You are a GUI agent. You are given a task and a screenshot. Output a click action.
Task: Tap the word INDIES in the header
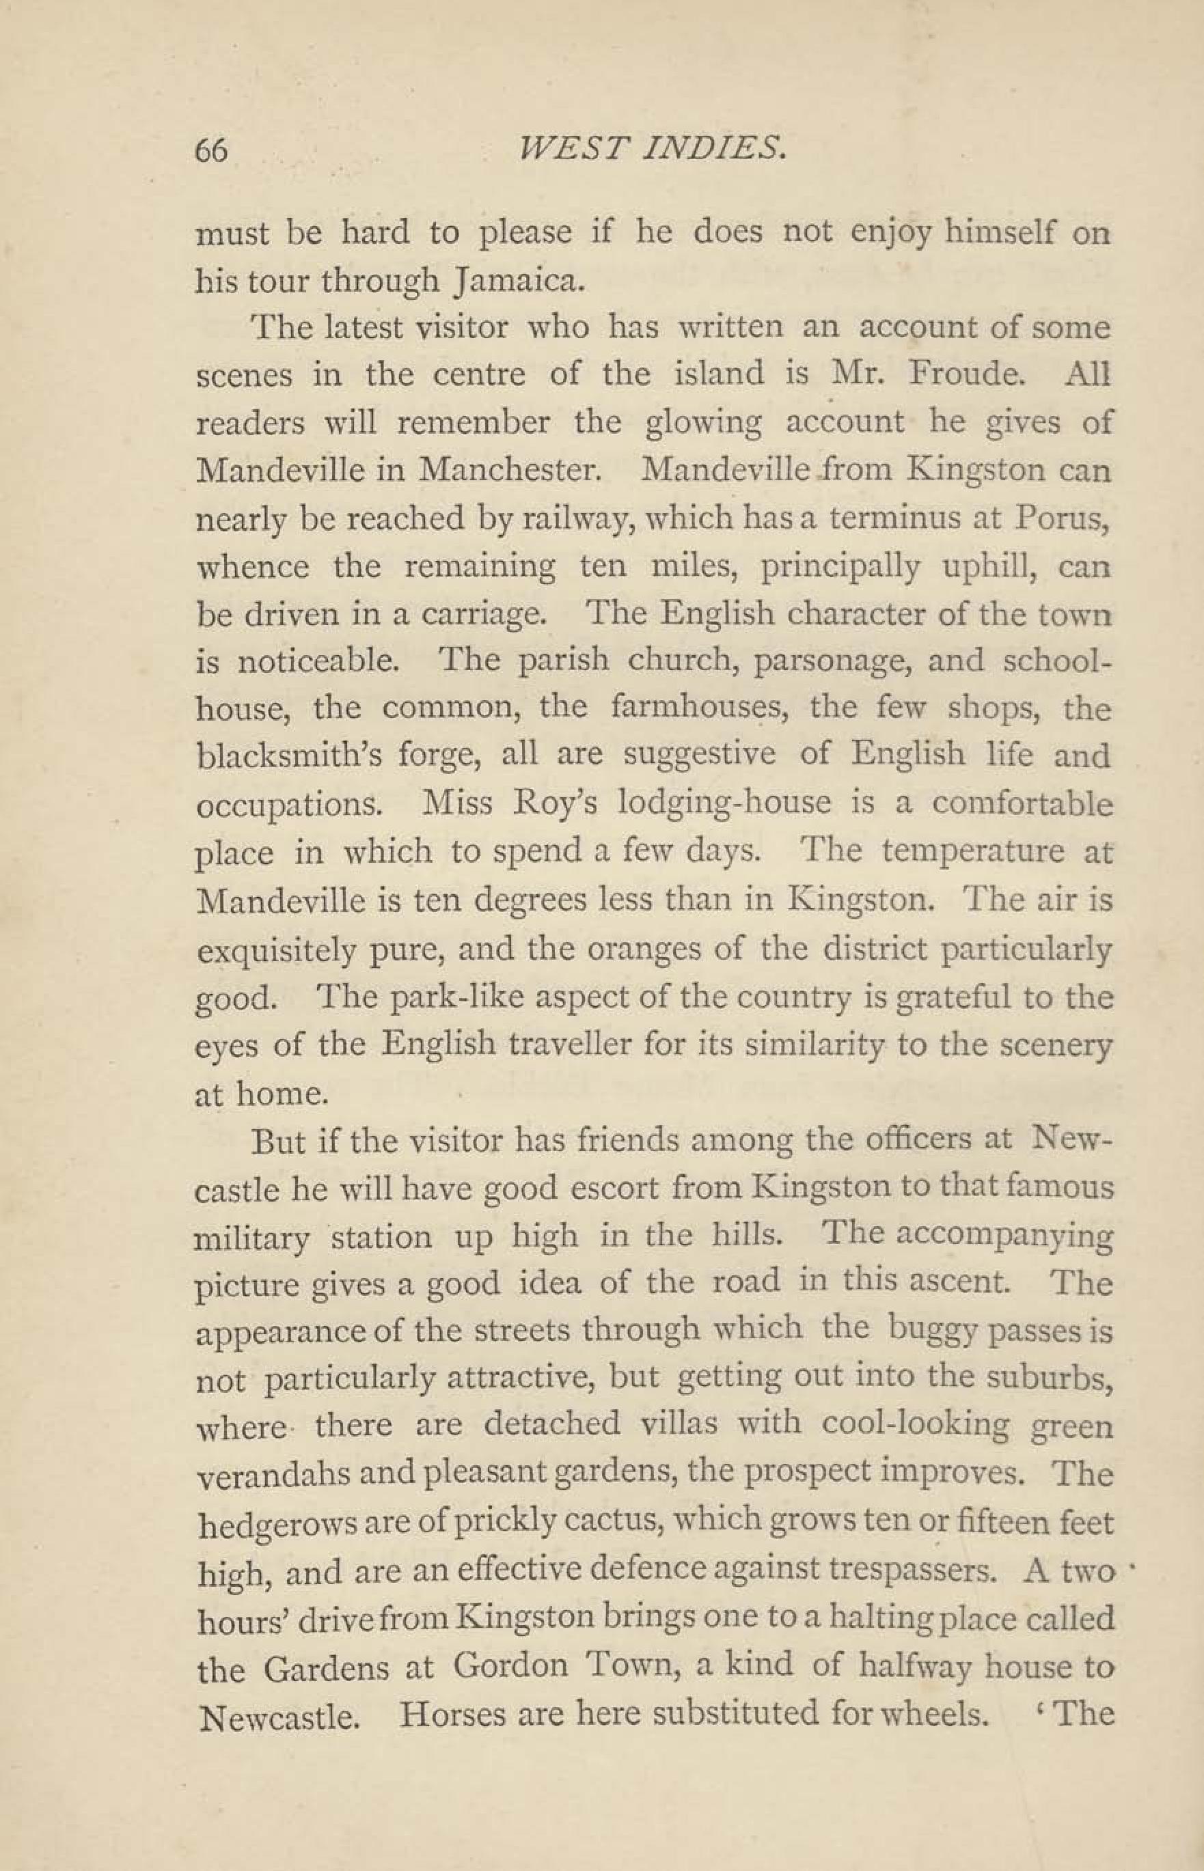698,148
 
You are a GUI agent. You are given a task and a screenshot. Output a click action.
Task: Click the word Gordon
510,1665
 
